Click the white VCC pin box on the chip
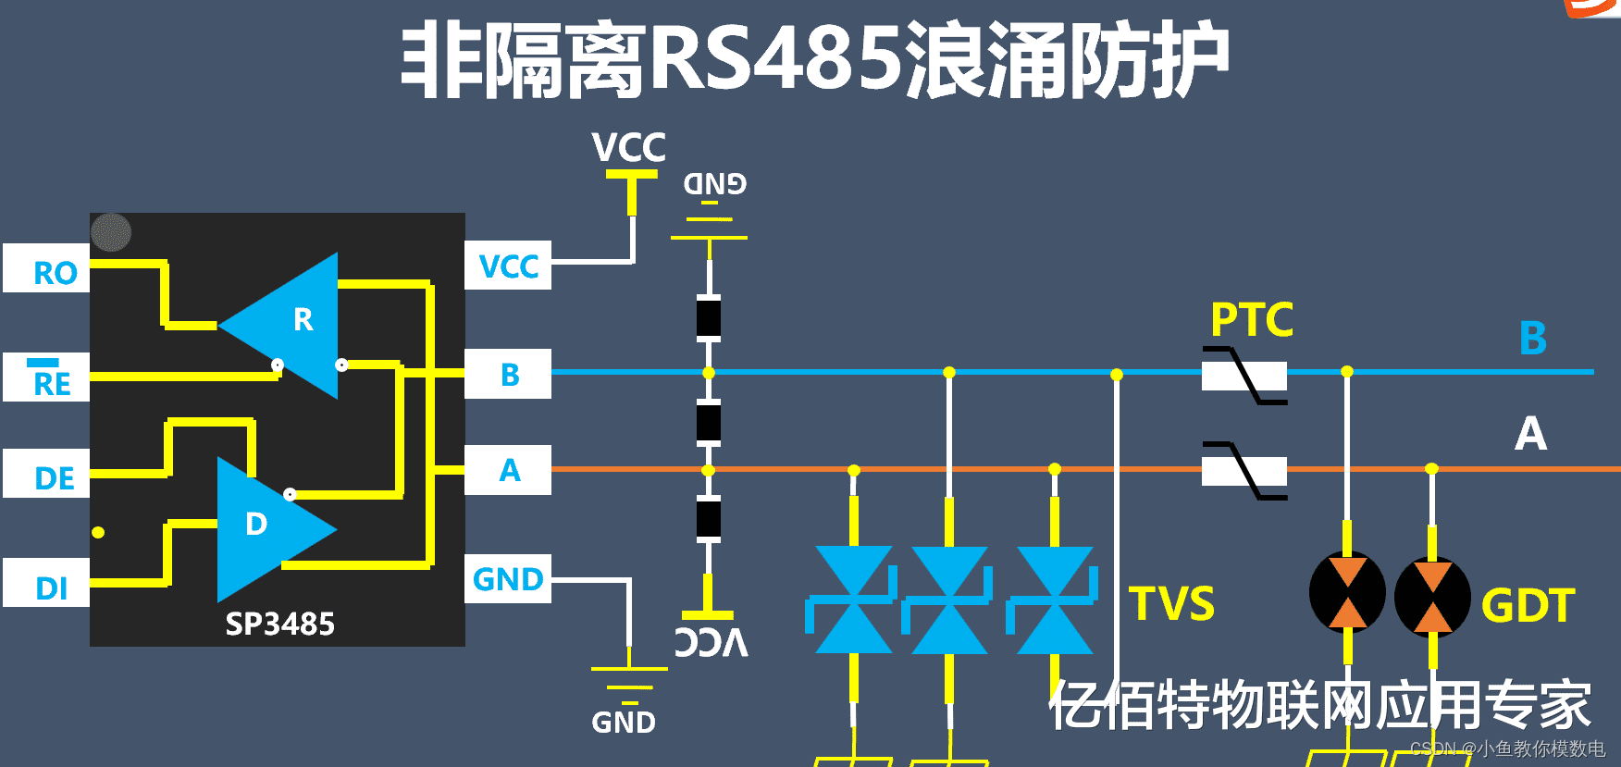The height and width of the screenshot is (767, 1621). tap(508, 266)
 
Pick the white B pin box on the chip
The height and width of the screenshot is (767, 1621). tap(508, 374)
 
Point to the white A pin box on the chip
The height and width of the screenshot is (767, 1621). tap(508, 470)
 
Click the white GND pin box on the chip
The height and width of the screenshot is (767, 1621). tap(508, 579)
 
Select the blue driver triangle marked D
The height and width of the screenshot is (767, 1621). tap(264, 527)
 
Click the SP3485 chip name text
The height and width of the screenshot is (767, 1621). tap(279, 625)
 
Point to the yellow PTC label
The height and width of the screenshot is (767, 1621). tap(1251, 320)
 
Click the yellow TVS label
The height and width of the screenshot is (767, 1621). tap(1171, 604)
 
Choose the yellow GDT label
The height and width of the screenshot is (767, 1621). tap(1528, 606)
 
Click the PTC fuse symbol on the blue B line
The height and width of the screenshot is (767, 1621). tap(1244, 376)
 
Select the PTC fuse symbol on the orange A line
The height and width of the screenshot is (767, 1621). tap(1244, 471)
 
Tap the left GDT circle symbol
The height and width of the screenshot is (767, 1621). tap(1347, 593)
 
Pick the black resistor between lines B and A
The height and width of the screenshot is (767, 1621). tap(709, 422)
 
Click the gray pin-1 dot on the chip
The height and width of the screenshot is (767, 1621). tap(111, 232)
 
